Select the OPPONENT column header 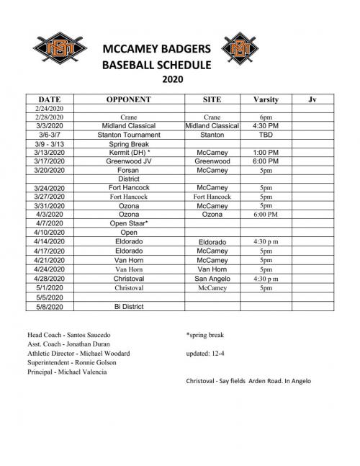tap(127, 98)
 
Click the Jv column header tap(311, 98)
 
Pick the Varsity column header tap(266, 98)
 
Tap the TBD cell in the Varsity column tap(266, 134)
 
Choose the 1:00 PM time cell tap(266, 153)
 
